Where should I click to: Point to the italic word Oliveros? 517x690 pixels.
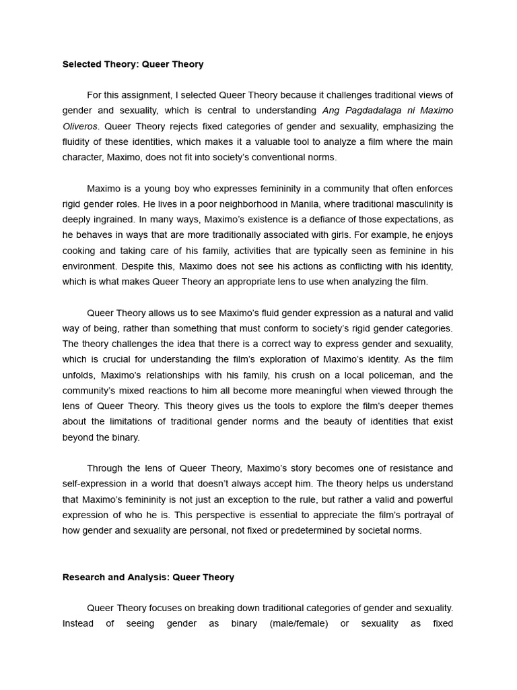click(79, 126)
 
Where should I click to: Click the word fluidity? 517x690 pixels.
click(78, 142)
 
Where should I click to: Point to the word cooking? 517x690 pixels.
click(79, 250)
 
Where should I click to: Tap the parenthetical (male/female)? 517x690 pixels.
click(298, 623)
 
